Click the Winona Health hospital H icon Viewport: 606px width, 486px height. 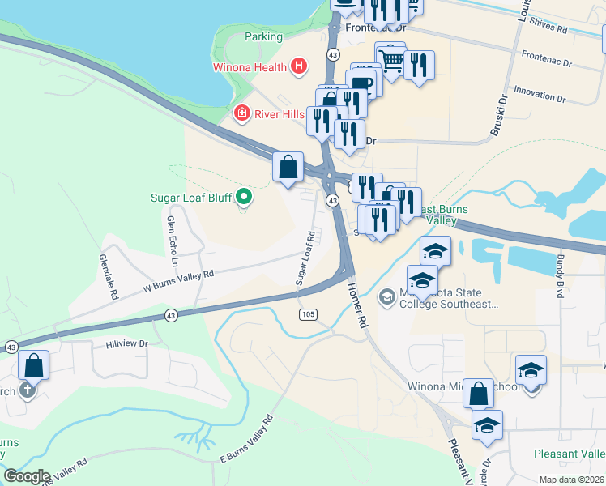click(299, 66)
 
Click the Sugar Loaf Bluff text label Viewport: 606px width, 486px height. click(190, 198)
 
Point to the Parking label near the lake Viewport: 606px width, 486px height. click(263, 36)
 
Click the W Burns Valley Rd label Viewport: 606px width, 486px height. click(178, 280)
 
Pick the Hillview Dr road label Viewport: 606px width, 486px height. click(127, 343)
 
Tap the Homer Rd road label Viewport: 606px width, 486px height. click(357, 304)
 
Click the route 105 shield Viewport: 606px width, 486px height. click(307, 313)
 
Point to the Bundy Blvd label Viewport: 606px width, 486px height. click(559, 275)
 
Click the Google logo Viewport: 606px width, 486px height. click(27, 476)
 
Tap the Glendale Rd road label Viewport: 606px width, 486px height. click(107, 283)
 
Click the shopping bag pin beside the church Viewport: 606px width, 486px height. click(34, 366)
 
